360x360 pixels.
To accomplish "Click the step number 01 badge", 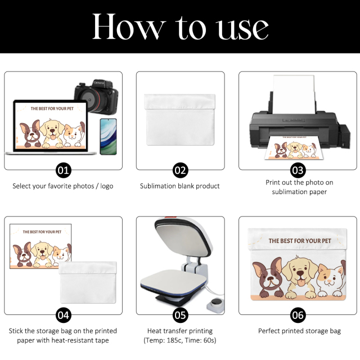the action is [x=64, y=170].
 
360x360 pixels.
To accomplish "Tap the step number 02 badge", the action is [x=180, y=170].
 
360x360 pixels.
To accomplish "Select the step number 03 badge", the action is [x=298, y=170].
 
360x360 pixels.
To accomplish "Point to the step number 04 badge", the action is [x=64, y=315].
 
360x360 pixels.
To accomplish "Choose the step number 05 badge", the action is [x=180, y=315].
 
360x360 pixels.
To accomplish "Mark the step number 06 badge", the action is [x=298, y=315].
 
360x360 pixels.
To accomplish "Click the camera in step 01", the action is [x=96, y=96].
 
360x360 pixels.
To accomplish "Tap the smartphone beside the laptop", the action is [x=109, y=137].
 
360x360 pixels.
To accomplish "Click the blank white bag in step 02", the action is [x=180, y=120].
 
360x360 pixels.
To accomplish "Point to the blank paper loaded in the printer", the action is [x=294, y=94].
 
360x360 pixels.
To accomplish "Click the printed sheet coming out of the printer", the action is [x=294, y=147].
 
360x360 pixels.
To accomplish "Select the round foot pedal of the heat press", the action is [x=216, y=305].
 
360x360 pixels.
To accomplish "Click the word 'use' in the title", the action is [x=243, y=29].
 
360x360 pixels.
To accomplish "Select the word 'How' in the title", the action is [x=129, y=26].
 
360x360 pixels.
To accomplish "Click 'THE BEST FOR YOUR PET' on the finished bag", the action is [x=300, y=241].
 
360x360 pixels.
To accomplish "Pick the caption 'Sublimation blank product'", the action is [x=180, y=186].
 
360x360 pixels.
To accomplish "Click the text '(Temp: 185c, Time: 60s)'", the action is [x=180, y=340].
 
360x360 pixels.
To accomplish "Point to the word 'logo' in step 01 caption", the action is [x=106, y=186].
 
